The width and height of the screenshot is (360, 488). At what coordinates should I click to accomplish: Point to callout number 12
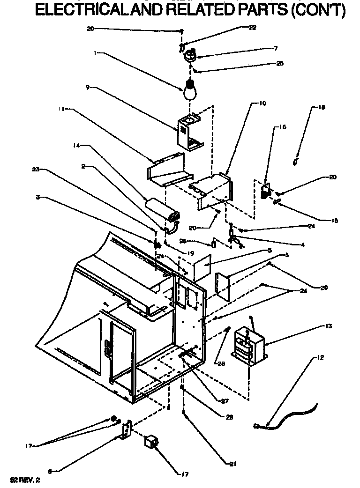(321, 358)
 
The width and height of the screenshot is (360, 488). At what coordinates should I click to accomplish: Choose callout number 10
(262, 103)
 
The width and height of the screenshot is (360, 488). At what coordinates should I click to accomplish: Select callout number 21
(233, 464)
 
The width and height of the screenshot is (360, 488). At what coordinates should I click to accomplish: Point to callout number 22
(253, 28)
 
